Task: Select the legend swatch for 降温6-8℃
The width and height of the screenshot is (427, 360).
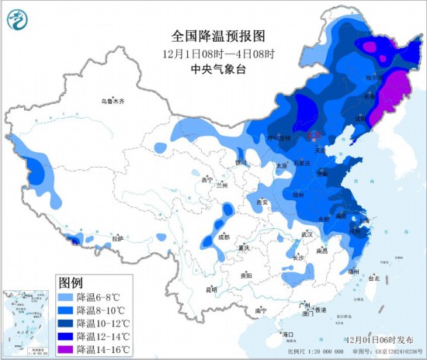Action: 68,296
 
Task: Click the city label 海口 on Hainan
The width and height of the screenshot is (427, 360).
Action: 290,334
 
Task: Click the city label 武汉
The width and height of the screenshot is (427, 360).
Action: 306,234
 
